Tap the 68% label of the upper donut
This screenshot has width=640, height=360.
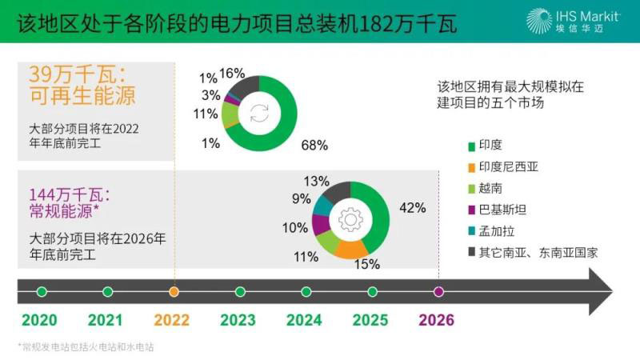coord(314,145)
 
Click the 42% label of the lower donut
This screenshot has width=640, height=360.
coord(412,208)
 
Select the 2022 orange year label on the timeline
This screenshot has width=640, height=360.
coord(171,320)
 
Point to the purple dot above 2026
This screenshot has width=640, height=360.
coord(438,291)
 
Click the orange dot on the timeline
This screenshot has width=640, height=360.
coord(174,291)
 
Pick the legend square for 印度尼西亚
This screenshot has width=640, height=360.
coord(471,167)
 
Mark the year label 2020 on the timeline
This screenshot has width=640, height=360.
coord(39,320)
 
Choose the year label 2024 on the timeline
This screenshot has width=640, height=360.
coord(304,320)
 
